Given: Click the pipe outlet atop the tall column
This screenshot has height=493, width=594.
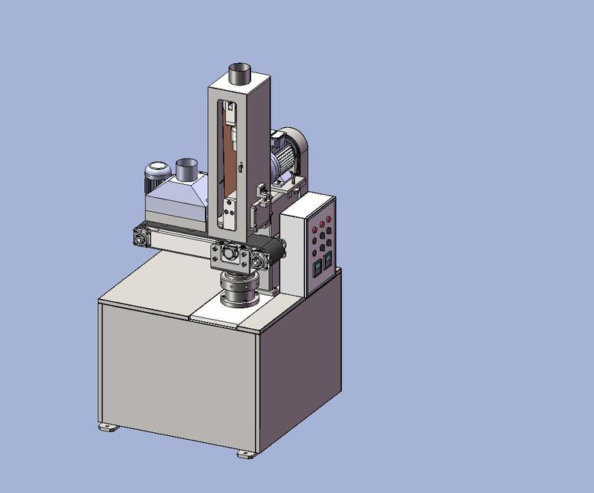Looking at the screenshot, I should (240, 75).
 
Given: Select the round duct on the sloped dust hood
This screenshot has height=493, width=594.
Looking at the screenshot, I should (186, 168).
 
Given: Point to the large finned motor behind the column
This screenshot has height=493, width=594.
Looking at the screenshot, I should (288, 154).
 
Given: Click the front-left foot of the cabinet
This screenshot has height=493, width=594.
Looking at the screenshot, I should (109, 426).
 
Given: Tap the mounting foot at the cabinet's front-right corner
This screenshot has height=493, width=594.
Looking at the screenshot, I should (247, 454).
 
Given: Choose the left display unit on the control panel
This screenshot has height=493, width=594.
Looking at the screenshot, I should (314, 267).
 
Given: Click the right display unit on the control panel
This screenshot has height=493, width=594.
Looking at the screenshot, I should (327, 259).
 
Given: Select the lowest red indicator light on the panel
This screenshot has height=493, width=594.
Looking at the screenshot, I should (311, 250).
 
